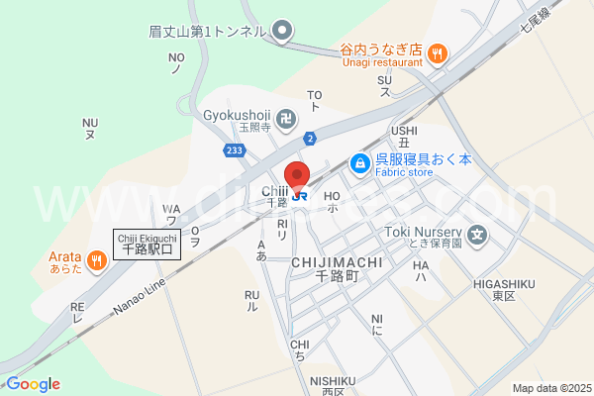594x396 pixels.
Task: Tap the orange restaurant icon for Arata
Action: (96, 261)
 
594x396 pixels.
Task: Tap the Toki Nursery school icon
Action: (478, 235)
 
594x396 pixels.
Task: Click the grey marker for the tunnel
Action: (282, 31)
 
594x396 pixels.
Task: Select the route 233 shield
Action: (234, 149)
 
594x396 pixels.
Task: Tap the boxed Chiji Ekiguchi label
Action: (147, 245)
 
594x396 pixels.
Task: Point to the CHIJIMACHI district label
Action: (337, 262)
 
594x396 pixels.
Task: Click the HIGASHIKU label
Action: (504, 284)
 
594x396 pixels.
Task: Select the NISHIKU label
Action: (332, 380)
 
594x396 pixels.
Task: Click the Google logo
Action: (32, 384)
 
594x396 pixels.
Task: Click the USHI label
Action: (404, 130)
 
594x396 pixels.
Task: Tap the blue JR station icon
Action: (304, 195)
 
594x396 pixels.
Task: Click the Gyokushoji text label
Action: (237, 115)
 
